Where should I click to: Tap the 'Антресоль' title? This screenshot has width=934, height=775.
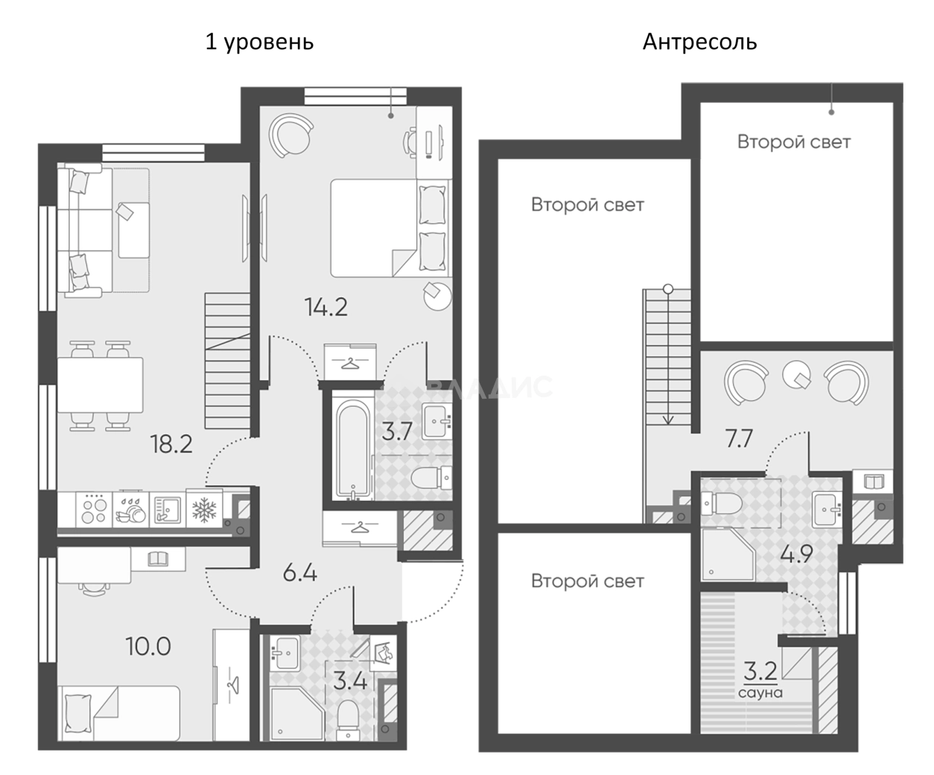699,42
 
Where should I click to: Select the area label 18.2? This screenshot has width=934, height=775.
171,444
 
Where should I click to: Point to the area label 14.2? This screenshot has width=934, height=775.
326,308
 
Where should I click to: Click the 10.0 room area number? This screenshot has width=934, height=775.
148,647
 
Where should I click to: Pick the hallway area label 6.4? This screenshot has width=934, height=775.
299,573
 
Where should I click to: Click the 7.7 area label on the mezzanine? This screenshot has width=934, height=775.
739,438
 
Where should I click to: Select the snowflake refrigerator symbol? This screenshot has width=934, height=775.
204,510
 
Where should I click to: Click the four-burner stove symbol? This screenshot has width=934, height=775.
94,509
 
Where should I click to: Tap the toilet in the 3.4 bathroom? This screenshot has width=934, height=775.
348,727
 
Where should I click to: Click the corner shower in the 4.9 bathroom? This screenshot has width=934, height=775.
728,554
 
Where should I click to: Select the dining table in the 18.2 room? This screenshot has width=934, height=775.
101,385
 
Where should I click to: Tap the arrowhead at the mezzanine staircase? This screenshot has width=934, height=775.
668,420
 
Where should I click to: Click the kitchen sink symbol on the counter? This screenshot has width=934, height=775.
167,510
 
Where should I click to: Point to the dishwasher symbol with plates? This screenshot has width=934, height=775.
130,509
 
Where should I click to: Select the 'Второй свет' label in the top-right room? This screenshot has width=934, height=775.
794,142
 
